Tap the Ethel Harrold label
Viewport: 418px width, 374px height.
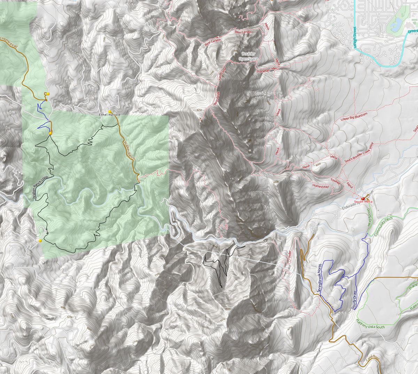(110, 115)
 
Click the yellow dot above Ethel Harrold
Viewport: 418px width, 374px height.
(110, 111)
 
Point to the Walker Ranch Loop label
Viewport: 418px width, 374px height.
(40, 187)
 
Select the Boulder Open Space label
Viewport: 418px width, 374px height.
(248, 56)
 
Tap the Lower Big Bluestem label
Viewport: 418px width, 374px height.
(354, 117)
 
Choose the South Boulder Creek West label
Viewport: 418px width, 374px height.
(359, 152)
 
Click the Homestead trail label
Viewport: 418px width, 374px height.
(320, 186)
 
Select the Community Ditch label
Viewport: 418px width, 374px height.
(383, 227)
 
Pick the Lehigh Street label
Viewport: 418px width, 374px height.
(355, 38)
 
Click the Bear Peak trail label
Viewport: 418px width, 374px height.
(217, 99)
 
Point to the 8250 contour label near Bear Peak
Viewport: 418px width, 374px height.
(199, 110)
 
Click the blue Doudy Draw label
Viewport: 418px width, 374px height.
(354, 300)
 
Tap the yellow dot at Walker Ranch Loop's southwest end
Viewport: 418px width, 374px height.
(40, 240)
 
